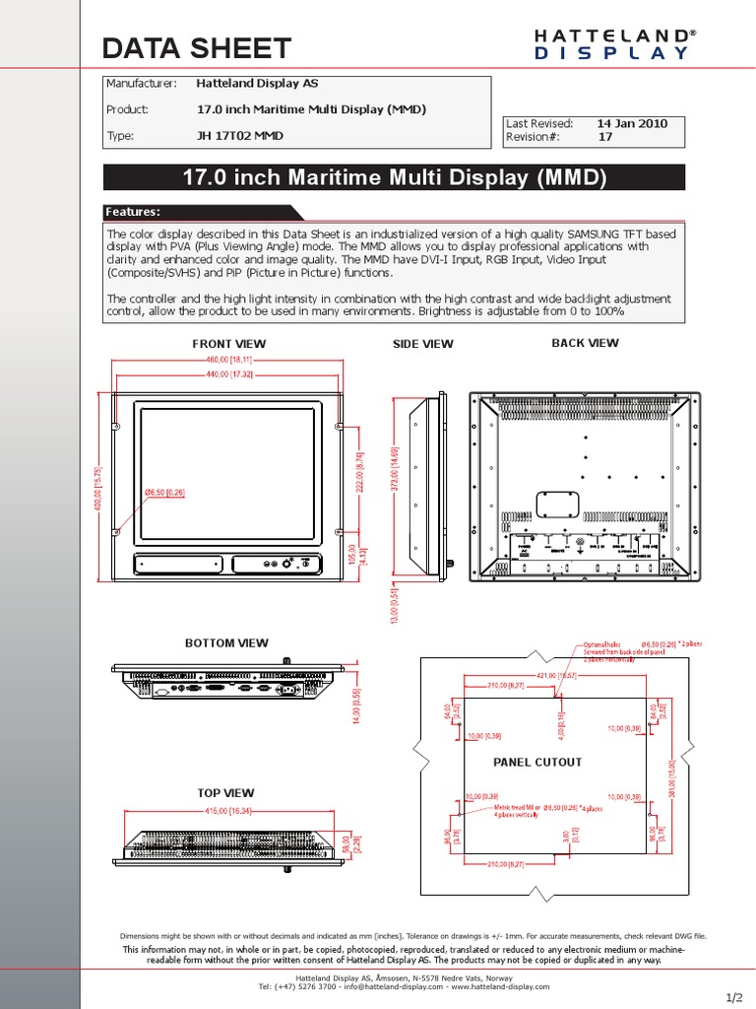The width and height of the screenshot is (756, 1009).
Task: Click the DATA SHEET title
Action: [x=197, y=47]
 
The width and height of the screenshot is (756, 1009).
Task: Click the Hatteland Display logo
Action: [x=614, y=44]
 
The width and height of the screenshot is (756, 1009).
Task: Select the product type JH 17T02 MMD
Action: [x=240, y=135]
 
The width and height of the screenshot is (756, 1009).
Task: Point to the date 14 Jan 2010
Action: [x=632, y=123]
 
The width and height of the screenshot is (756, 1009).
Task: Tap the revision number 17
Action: [x=604, y=138]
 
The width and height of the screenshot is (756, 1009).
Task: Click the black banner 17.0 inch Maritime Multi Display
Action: [x=394, y=177]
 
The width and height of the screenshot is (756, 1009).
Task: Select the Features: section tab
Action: [x=133, y=212]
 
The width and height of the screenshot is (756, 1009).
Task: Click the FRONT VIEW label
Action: [x=228, y=344]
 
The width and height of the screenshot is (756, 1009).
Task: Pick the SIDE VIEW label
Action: [x=422, y=344]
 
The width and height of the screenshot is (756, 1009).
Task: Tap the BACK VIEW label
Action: [x=585, y=343]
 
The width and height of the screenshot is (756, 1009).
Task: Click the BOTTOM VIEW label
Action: [x=226, y=642]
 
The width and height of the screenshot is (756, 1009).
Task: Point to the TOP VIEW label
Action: [x=225, y=792]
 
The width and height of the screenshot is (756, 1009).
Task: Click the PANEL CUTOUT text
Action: [x=537, y=762]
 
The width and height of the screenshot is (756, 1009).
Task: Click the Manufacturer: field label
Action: [x=141, y=84]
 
